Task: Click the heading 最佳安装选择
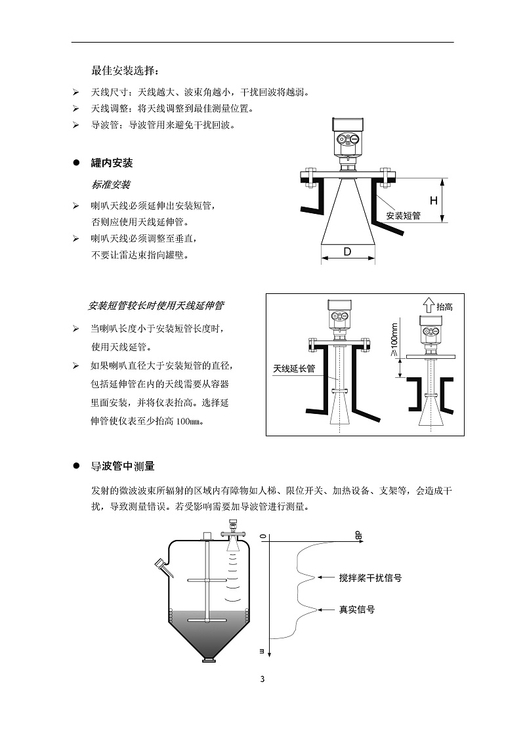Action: [125, 71]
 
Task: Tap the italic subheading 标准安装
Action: [111, 185]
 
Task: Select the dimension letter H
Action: [433, 200]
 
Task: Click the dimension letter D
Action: [347, 252]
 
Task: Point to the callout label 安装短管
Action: [402, 215]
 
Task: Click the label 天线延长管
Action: [294, 369]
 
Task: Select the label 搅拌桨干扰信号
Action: [370, 578]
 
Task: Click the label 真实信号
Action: [356, 609]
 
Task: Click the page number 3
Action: [262, 679]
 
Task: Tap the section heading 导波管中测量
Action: [123, 466]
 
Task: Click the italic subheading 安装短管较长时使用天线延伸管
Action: [156, 306]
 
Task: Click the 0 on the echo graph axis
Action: [263, 536]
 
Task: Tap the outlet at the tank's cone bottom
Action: [208, 659]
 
